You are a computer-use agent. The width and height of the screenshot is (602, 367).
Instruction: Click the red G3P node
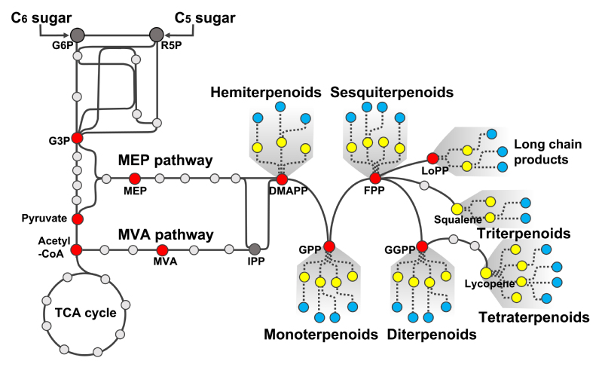pos(76,138)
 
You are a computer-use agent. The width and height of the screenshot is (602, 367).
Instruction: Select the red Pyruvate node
pos(76,219)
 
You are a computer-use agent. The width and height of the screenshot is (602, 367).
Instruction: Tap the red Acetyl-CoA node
pos(76,249)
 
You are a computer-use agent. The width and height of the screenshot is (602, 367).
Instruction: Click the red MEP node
pos(135,179)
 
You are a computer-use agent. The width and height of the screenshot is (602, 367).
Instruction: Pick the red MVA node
pos(161,249)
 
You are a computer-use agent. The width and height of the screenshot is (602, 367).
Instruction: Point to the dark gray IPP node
pos(255,249)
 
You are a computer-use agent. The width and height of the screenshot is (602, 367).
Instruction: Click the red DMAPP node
pos(282,179)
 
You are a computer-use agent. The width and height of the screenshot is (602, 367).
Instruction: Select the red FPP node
pos(374,179)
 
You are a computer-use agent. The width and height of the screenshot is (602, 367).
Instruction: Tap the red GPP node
pos(329,246)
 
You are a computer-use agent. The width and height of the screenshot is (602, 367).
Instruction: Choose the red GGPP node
pos(422,246)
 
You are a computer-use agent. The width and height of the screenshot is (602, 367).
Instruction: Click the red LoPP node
pos(432,158)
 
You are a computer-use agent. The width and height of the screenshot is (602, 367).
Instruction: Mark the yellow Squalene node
pos(457,209)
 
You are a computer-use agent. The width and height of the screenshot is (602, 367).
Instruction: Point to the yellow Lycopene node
pos(486,273)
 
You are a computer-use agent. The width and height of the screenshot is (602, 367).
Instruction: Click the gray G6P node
pos(76,34)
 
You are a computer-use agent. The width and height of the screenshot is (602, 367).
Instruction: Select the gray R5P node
pos(156,34)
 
